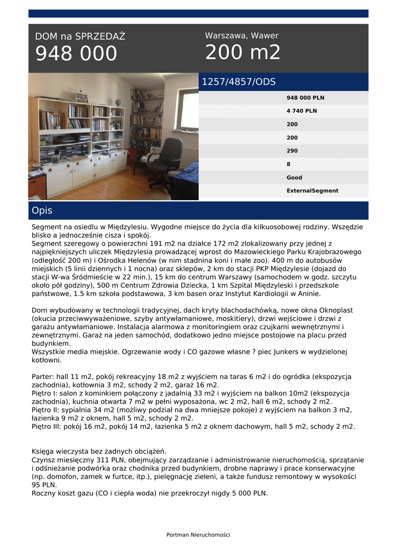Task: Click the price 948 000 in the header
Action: (76, 54)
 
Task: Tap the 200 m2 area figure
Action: (243, 52)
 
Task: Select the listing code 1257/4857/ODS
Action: (239, 82)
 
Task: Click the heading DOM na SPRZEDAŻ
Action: (80, 37)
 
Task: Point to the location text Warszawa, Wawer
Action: (241, 36)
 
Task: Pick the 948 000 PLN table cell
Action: (306, 98)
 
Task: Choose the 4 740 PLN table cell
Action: (302, 111)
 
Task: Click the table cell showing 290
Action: (292, 151)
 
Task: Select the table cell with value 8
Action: (289, 164)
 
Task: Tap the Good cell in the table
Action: (294, 178)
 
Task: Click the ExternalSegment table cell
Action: (312, 191)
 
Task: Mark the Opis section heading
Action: (42, 211)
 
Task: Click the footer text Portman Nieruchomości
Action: (198, 535)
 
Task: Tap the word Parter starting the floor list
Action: (43, 377)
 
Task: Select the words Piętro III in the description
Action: (48, 426)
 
